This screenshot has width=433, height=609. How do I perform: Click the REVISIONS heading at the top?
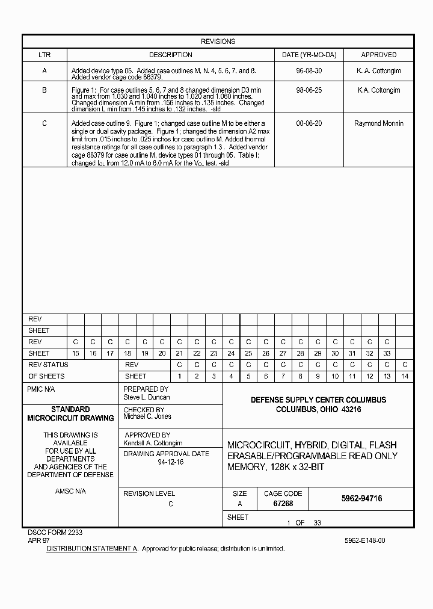point(218,42)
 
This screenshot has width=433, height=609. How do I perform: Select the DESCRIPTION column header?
point(171,55)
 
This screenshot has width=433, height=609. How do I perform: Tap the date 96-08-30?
point(309,71)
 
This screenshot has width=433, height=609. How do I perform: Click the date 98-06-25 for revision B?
point(309,90)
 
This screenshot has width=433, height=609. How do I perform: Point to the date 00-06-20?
point(309,123)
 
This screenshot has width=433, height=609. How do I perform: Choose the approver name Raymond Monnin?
point(379,123)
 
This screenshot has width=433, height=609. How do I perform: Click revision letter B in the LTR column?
point(45,90)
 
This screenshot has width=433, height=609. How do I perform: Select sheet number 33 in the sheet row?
point(387,353)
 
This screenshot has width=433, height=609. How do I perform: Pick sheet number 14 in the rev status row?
point(405,376)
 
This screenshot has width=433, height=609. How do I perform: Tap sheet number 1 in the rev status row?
point(179,376)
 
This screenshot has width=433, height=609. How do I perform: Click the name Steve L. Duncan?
point(147,397)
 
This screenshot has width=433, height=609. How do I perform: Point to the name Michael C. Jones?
point(147,416)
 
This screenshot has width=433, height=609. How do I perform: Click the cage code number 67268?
point(283,504)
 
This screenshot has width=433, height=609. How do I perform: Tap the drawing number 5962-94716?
point(361,499)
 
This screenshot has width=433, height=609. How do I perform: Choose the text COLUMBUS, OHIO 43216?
point(318,410)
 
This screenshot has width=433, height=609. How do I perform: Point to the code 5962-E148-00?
point(365,540)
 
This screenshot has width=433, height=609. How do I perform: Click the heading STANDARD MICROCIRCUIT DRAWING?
point(70,413)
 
